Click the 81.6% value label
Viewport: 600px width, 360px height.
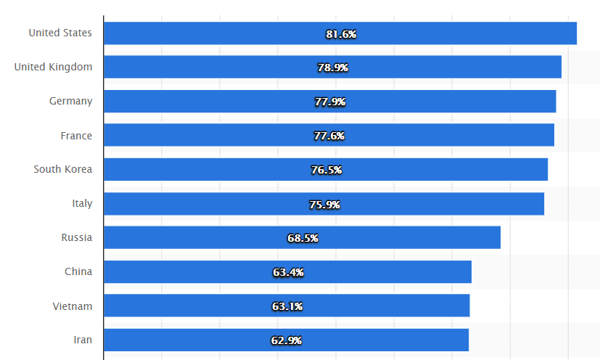341,33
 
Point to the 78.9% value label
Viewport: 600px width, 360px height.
333,67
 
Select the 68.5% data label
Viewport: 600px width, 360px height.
303,238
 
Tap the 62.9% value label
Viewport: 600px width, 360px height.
287,340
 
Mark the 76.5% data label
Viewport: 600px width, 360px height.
326,170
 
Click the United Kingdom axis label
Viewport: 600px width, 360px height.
53,67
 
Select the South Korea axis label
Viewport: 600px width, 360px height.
62,169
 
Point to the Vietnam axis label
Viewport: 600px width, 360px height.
73,306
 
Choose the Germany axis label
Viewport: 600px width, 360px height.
70,101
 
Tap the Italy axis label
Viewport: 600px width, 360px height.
82,203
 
